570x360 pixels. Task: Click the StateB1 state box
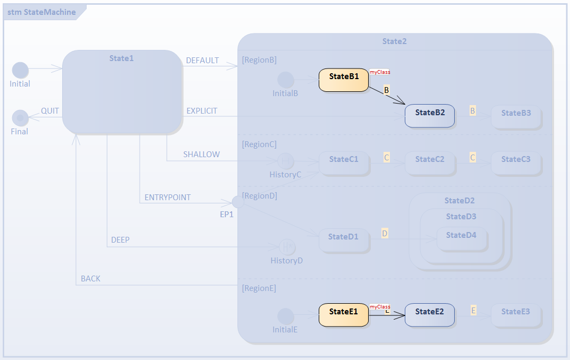click(x=344, y=80)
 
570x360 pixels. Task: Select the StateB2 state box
click(x=429, y=116)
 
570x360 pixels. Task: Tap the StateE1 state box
click(x=344, y=315)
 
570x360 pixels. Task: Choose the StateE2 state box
click(x=429, y=315)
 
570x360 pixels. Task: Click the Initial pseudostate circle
click(x=20, y=70)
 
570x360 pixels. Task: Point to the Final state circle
click(x=20, y=117)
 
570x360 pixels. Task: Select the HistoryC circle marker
click(x=285, y=161)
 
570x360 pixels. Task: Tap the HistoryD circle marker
click(x=287, y=247)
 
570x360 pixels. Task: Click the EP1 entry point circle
click(x=239, y=201)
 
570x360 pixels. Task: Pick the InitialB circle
click(x=286, y=80)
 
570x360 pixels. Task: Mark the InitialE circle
click(x=285, y=316)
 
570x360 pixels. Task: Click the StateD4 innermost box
click(x=461, y=238)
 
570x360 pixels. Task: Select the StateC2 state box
click(x=429, y=162)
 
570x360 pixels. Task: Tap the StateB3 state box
click(x=516, y=116)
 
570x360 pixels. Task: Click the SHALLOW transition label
click(x=201, y=155)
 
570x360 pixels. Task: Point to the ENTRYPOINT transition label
click(x=167, y=198)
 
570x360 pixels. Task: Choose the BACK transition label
click(x=90, y=279)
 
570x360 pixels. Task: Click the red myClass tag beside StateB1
click(x=380, y=72)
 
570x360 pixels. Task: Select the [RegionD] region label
click(x=259, y=196)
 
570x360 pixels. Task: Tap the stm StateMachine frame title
click(x=41, y=12)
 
